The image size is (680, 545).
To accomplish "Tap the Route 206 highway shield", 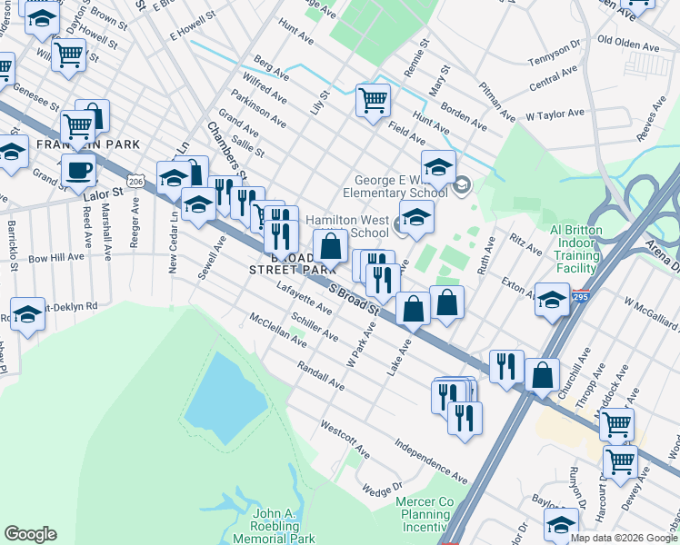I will pyautogui.click(x=136, y=182).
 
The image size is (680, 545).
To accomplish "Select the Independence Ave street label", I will pyautogui.click(x=430, y=461).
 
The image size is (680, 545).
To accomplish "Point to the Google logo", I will pyautogui.click(x=30, y=534).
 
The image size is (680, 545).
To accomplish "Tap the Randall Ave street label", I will pyautogui.click(x=320, y=373).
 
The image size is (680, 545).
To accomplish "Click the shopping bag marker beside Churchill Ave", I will pyautogui.click(x=542, y=373).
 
